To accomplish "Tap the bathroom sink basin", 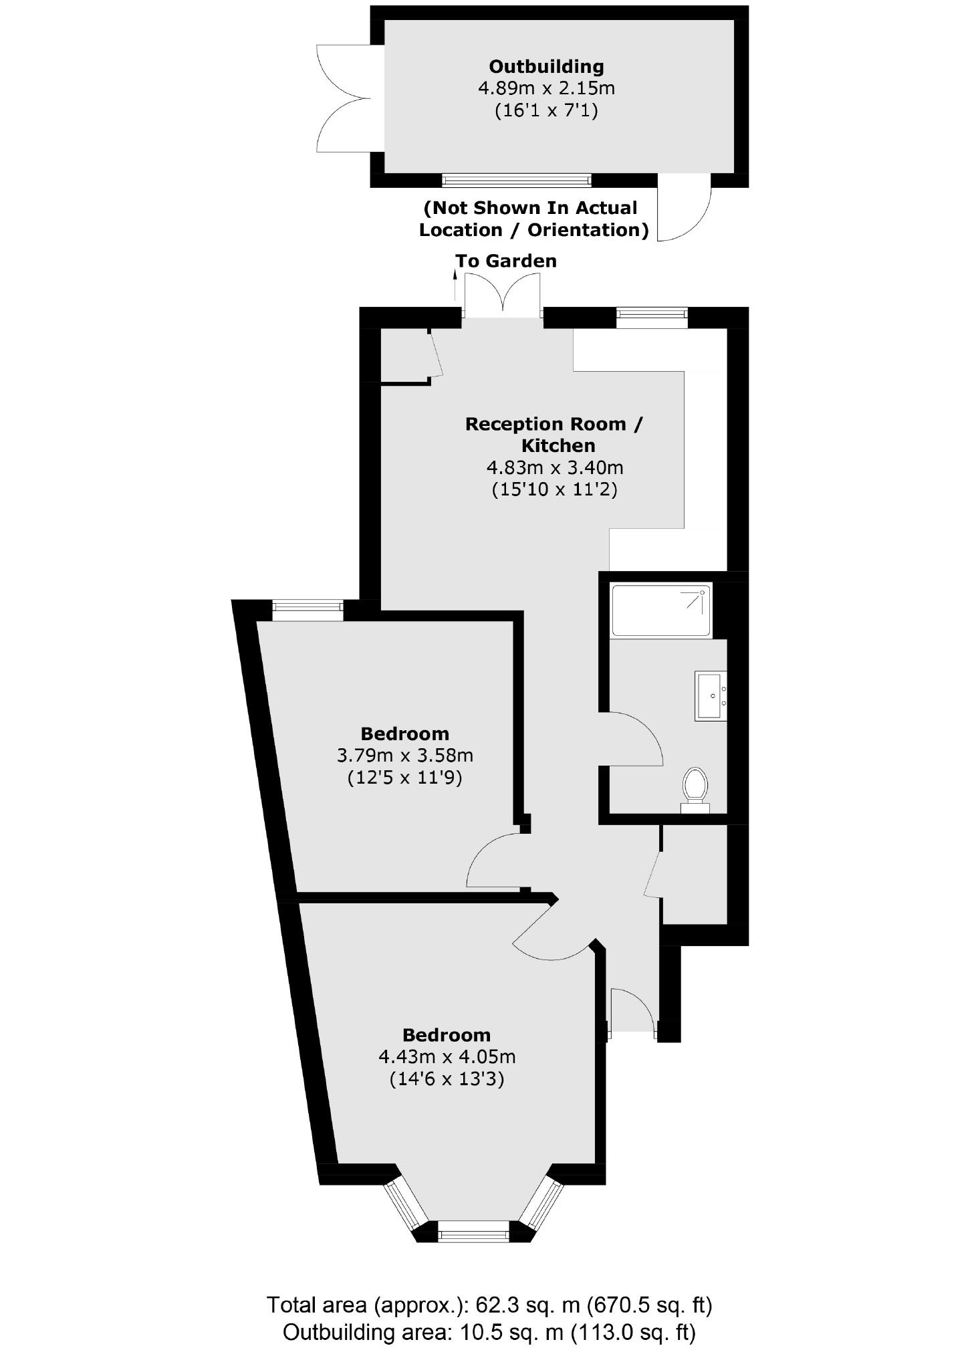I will (711, 695).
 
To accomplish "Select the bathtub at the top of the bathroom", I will (661, 610).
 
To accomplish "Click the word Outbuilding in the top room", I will (546, 67).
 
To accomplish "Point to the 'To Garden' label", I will (505, 261).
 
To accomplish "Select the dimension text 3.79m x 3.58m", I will (405, 756).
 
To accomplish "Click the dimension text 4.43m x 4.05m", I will (447, 1057).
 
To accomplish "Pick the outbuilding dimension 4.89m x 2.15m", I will (546, 88).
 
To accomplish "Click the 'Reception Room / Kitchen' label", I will (554, 435).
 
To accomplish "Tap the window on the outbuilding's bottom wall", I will (516, 180).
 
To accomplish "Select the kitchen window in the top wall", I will (651, 317).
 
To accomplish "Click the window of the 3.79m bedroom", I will (308, 610).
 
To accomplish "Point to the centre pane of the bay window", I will (473, 1231).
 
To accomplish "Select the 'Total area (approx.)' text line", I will (489, 1305).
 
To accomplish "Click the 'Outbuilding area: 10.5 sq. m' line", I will (489, 1332).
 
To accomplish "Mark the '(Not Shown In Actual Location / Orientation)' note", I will (533, 219).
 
